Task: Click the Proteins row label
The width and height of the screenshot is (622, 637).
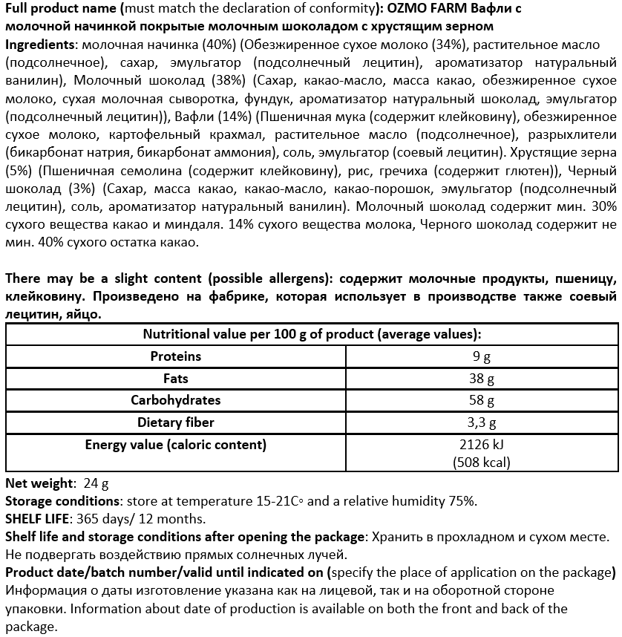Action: (x=175, y=356)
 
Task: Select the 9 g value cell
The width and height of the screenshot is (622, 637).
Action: (x=482, y=357)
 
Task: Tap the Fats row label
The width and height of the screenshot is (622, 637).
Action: (x=175, y=379)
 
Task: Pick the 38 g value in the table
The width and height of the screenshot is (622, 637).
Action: (x=482, y=379)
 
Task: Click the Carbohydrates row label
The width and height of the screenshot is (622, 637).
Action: (x=175, y=400)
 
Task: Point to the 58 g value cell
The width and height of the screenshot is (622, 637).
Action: (x=482, y=401)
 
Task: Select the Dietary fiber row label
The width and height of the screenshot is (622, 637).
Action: (x=175, y=422)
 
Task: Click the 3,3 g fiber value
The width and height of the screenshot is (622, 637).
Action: (x=482, y=423)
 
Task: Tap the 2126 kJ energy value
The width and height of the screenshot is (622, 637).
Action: (x=482, y=445)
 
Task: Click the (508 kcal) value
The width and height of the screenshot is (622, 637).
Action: (x=482, y=462)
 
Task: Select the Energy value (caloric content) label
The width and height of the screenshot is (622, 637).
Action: (x=175, y=445)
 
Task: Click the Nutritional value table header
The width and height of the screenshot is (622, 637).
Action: (x=311, y=334)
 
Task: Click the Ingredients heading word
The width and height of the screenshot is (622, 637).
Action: (x=38, y=45)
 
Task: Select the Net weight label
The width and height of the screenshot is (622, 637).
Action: (x=39, y=483)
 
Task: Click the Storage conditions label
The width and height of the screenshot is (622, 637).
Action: (x=61, y=501)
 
